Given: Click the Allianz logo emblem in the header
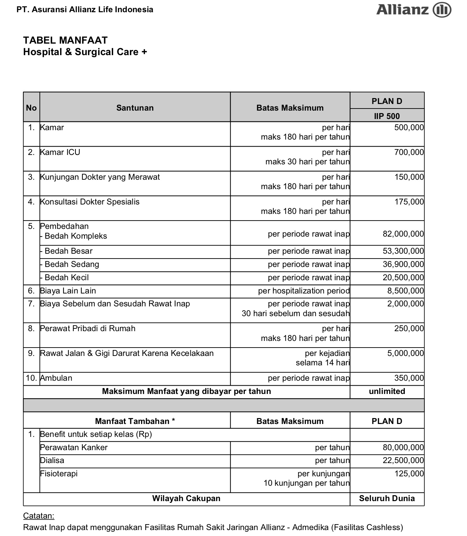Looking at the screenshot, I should tap(442, 10).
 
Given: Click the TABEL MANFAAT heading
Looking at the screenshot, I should tap(65, 40).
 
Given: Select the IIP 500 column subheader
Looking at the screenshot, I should tap(387, 116).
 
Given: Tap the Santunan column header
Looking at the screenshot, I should tap(135, 108).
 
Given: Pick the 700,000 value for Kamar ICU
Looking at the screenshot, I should tap(409, 152).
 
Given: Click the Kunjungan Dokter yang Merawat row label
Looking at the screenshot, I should tap(100, 177).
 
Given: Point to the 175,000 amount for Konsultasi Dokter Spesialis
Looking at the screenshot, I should tap(409, 202).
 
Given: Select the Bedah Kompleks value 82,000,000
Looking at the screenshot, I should tap(403, 234).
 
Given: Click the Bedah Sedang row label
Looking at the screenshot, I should tap(72, 265).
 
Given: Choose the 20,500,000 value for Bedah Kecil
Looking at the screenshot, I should tap(403, 278).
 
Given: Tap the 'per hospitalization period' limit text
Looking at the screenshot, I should tap(304, 291).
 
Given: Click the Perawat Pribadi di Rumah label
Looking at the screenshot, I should tap(88, 329).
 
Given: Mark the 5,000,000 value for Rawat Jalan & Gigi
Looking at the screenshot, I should tap(405, 353).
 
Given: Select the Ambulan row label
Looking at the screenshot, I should tap(56, 378).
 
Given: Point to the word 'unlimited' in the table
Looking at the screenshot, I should tap(387, 392).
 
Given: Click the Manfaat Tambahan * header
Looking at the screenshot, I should tap(135, 421).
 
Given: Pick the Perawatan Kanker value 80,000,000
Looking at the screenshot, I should tap(403, 448).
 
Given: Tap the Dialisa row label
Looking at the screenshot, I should tap(52, 461).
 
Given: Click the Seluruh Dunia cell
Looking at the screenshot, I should tap(387, 498).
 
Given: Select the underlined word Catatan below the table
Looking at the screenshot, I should tap(38, 516).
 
